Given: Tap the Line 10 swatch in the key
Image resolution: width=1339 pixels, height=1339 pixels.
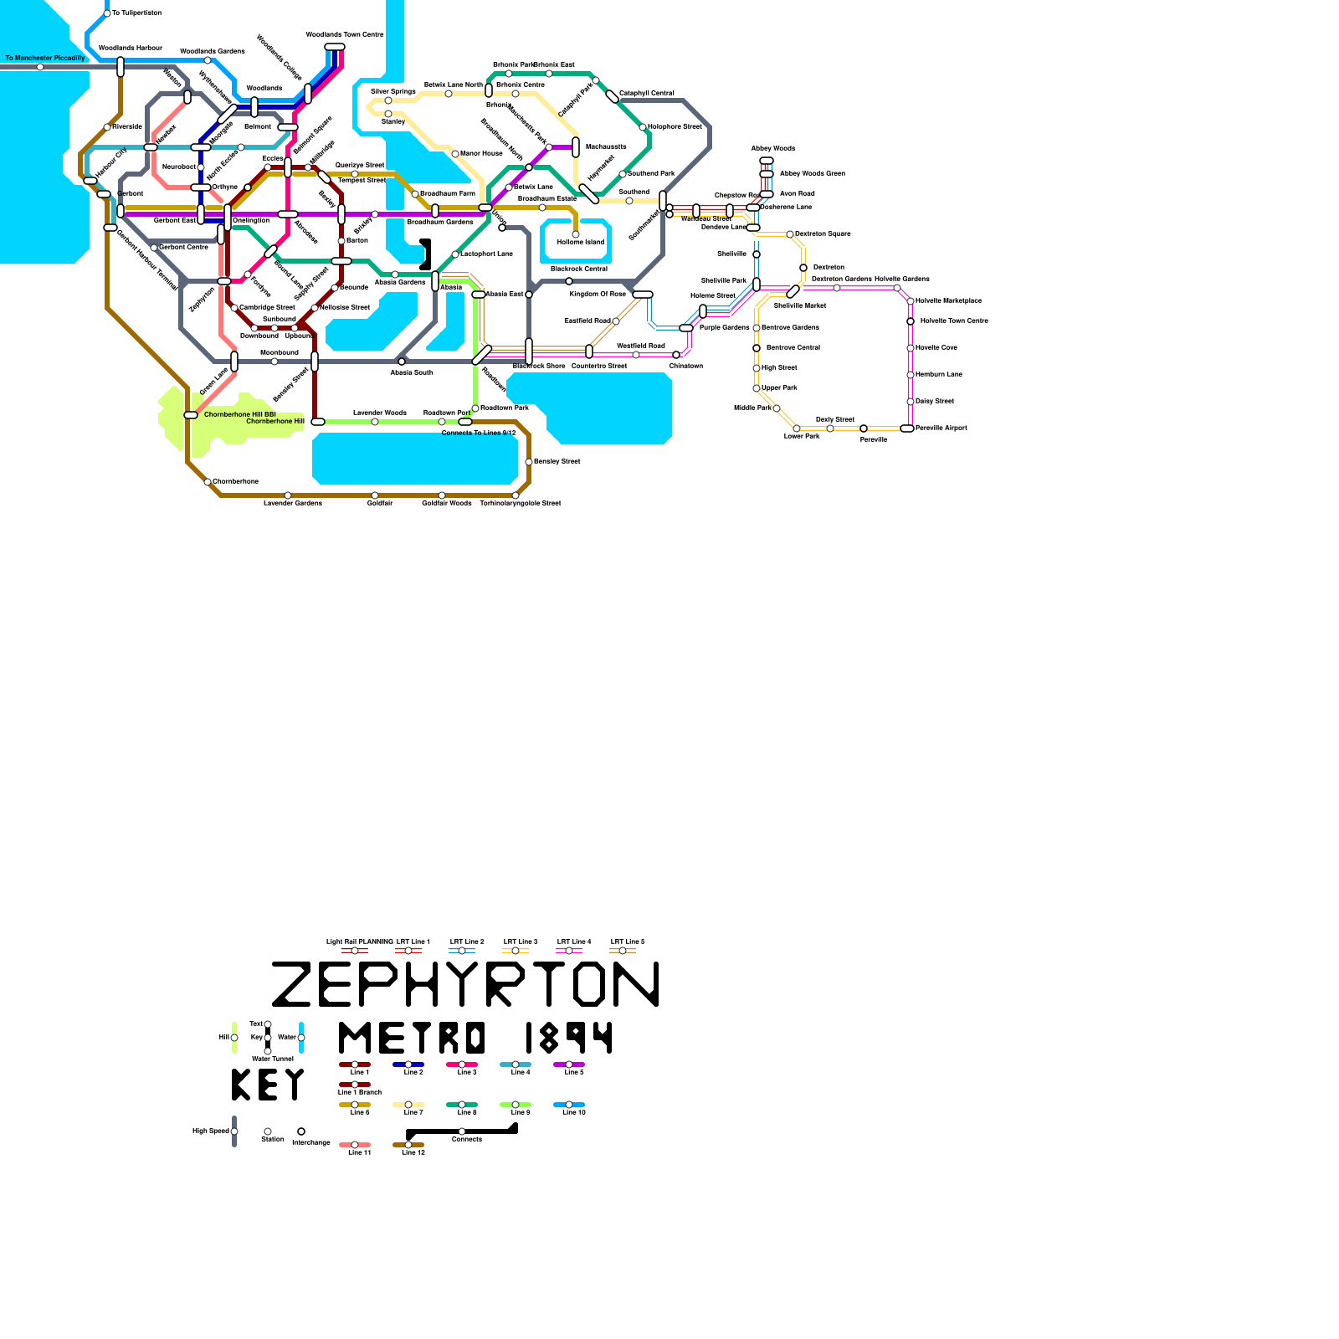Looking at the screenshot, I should [569, 1105].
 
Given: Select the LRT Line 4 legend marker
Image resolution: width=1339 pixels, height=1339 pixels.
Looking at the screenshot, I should [569, 951].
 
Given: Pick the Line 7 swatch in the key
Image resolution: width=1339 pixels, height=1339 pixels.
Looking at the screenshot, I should [408, 1105].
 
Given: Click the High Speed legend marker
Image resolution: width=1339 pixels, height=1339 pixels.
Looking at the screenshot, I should [234, 1131].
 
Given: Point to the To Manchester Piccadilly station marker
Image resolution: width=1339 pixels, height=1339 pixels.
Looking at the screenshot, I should [40, 67].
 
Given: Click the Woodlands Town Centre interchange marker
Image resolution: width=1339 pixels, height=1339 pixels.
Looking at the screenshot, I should [335, 47].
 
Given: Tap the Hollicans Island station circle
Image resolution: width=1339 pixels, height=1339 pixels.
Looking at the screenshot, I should [576, 234].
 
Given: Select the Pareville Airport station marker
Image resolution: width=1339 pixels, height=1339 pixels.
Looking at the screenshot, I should [907, 428].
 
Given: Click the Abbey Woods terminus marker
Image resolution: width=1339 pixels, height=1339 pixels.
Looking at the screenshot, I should [767, 161].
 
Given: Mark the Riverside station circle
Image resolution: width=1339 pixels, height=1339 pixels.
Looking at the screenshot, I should [107, 127].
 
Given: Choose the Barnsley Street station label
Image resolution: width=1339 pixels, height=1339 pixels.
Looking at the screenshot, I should [557, 462].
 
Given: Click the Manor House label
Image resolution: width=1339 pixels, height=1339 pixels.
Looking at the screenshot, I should [482, 154].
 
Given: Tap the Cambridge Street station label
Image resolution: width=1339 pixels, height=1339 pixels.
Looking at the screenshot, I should [268, 308].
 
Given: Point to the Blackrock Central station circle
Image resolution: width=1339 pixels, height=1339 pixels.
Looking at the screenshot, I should [569, 281].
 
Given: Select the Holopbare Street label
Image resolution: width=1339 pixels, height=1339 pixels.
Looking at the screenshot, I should [675, 127].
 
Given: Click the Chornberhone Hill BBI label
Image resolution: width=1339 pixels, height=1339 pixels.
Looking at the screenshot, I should [240, 414].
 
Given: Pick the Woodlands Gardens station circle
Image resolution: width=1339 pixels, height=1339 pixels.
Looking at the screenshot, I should [208, 60].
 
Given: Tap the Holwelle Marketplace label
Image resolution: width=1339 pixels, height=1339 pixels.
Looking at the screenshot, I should [949, 301].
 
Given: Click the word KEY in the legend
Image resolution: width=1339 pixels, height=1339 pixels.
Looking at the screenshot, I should [268, 1085].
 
